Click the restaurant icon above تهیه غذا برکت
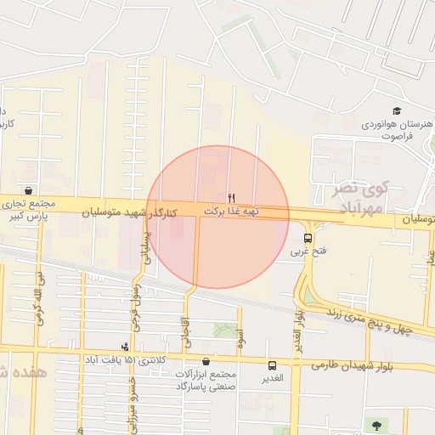click(x=232, y=197)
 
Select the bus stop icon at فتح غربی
click(x=308, y=239)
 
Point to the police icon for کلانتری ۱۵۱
click(x=126, y=346)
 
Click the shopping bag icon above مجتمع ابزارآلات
click(x=206, y=361)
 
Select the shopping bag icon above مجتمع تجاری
click(x=30, y=190)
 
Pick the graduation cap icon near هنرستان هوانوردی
click(x=397, y=110)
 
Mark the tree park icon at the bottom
click(x=376, y=423)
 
